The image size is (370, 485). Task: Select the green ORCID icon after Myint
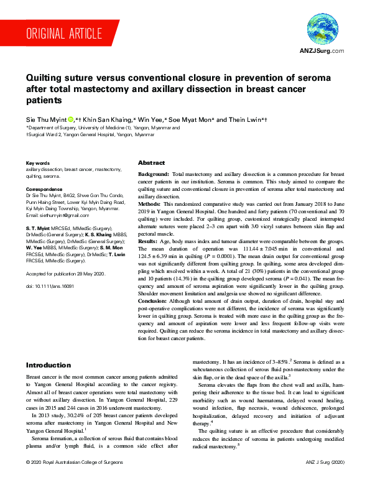point(70,118)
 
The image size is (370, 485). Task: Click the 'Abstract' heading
point(151,161)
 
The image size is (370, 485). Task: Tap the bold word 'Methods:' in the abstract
point(150,203)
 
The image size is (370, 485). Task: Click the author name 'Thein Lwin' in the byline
point(245,118)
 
